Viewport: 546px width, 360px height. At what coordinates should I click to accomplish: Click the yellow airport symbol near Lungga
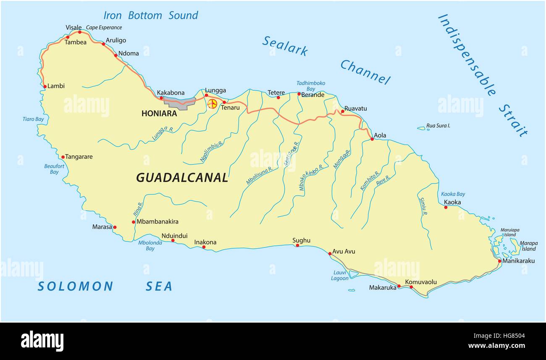click(x=213, y=103)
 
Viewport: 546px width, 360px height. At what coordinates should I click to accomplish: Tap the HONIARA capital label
click(x=159, y=113)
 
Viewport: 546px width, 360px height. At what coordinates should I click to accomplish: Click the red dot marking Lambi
click(x=45, y=87)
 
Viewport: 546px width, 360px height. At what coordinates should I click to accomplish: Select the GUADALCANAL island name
click(x=182, y=178)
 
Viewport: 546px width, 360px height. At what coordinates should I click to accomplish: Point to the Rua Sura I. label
click(x=438, y=126)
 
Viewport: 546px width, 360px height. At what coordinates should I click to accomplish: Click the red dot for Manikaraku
click(x=499, y=261)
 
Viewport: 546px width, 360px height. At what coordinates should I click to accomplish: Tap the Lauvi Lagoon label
click(x=339, y=276)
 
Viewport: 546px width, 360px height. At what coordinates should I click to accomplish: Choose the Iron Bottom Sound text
click(x=150, y=16)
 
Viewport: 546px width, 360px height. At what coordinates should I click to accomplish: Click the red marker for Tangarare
click(x=63, y=157)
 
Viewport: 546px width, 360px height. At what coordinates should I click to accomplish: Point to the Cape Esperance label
click(x=104, y=28)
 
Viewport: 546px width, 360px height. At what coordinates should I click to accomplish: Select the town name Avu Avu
click(x=344, y=251)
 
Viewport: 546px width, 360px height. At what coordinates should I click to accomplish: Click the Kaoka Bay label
click(x=453, y=194)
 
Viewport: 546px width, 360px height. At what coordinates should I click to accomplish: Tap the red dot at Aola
click(x=372, y=139)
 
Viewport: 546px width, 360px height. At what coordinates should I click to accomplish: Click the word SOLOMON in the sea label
click(x=75, y=286)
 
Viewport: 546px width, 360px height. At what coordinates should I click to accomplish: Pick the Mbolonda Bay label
click(x=150, y=245)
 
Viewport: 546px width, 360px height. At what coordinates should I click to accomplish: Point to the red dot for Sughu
click(x=297, y=245)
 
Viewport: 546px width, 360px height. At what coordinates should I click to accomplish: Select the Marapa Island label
click(x=528, y=246)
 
